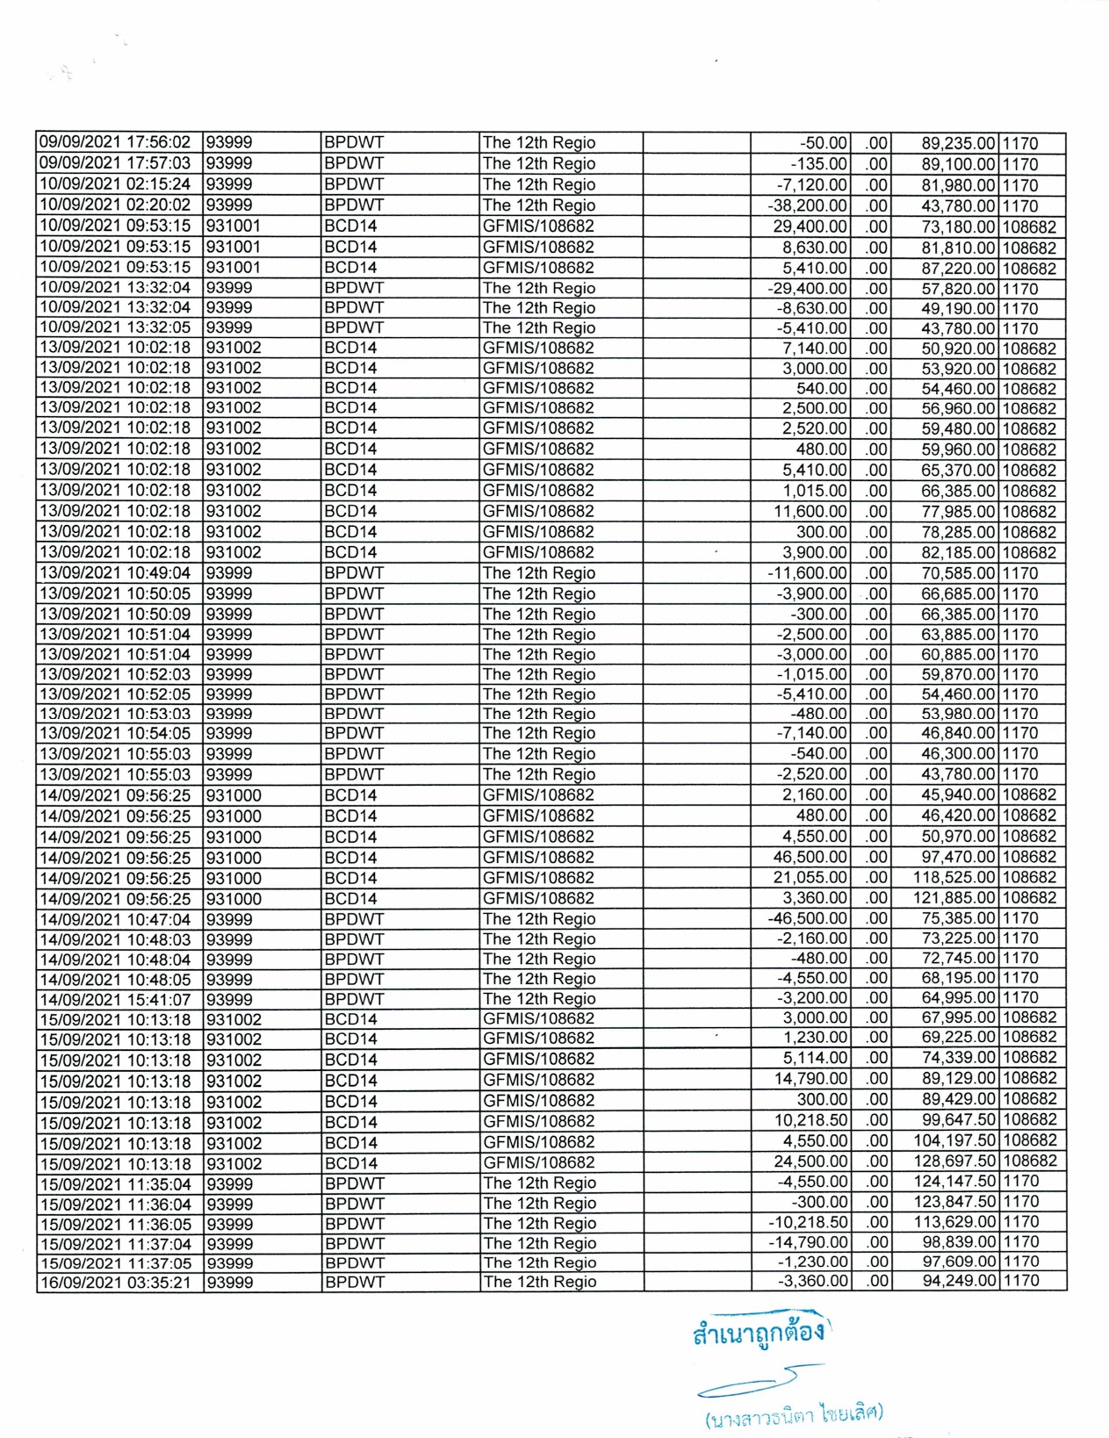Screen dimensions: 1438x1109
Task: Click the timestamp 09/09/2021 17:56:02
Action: click(115, 142)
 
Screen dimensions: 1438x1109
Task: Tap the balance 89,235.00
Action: click(958, 143)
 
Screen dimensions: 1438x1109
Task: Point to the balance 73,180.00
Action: click(958, 226)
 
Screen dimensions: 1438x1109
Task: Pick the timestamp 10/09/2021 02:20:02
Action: click(115, 205)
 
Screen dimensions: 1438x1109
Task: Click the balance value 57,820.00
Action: click(958, 289)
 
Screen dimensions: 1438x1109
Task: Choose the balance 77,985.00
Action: click(958, 512)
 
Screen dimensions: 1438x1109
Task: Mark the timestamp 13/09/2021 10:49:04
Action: click(115, 573)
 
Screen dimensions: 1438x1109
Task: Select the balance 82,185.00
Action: click(958, 553)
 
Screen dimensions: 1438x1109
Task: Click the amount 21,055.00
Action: click(810, 878)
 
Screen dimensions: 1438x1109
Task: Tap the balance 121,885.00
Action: click(954, 898)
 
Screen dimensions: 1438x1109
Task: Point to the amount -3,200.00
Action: click(812, 998)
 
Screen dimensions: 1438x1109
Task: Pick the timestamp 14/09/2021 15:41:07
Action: click(115, 999)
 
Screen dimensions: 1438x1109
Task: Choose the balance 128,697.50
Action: click(954, 1161)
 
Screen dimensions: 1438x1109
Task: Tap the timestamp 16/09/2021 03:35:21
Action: click(115, 1283)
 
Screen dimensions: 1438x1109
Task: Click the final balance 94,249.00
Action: click(958, 1281)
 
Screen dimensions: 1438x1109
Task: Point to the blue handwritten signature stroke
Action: click(755, 1383)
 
